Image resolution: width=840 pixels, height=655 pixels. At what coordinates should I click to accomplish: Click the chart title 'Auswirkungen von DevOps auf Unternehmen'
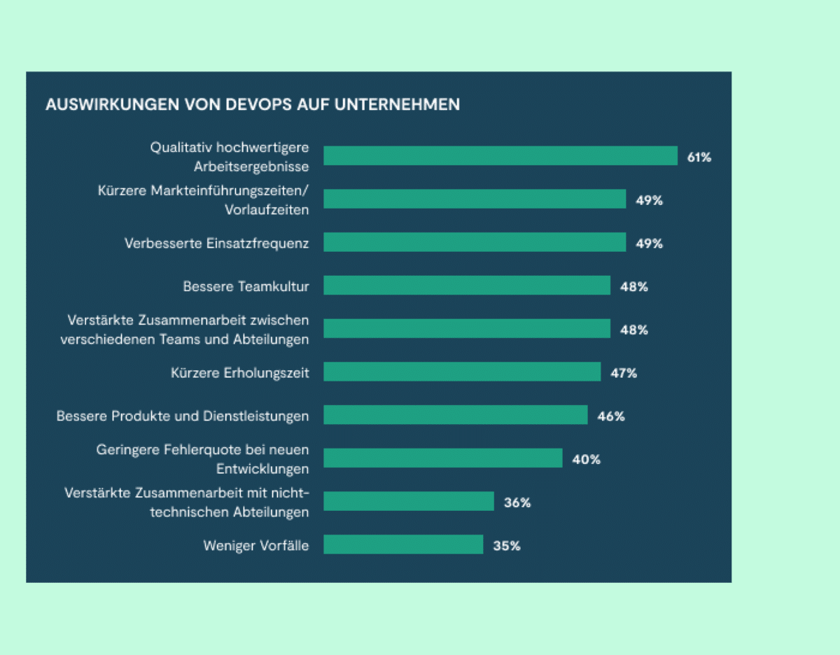253,105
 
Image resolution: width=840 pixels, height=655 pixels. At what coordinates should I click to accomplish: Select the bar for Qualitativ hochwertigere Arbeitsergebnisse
500,156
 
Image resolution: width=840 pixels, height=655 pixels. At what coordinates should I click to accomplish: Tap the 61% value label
699,157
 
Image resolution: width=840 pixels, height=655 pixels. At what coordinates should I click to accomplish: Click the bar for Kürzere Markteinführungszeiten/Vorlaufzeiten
474,199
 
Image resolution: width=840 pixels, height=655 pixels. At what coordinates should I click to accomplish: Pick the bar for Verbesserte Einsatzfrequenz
474,243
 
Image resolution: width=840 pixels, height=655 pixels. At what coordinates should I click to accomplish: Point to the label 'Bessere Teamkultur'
246,286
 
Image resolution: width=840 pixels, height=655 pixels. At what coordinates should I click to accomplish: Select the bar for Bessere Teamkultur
466,286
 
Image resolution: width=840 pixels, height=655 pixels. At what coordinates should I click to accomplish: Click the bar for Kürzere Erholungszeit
461,372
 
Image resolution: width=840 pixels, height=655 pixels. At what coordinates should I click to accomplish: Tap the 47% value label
623,373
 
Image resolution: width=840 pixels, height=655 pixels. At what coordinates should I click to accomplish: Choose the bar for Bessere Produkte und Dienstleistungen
455,416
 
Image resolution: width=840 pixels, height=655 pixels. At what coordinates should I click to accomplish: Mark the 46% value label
610,416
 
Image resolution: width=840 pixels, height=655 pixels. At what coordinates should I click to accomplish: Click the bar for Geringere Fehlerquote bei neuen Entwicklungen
442,458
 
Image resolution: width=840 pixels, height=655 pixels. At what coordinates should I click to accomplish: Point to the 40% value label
586,460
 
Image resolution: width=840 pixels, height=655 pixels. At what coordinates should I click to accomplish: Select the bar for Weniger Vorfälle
403,545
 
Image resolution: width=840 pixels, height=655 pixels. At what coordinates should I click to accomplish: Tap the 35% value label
506,546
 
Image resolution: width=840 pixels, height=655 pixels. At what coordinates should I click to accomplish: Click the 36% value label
517,502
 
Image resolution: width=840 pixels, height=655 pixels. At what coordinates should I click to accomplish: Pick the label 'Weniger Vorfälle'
255,546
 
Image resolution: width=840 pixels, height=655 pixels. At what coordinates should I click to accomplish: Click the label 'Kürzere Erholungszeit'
239,373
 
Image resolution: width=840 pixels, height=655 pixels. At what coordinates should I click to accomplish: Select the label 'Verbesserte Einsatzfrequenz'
216,244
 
